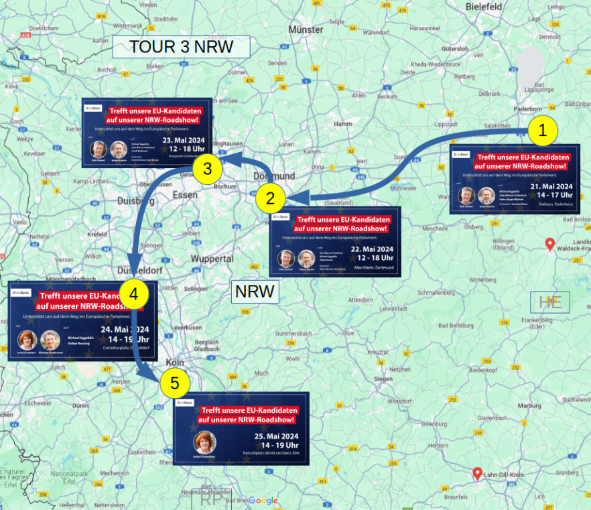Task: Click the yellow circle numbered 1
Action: pyautogui.click(x=543, y=131)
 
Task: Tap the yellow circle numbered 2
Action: pyautogui.click(x=271, y=198)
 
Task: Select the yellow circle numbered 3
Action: pyautogui.click(x=208, y=168)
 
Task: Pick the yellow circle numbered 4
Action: pyautogui.click(x=134, y=294)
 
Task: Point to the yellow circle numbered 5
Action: pyautogui.click(x=175, y=383)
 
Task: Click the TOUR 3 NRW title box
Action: pyautogui.click(x=181, y=47)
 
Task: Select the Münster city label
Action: pyautogui.click(x=306, y=29)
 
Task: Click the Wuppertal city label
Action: pyautogui.click(x=211, y=258)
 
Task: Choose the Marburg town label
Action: pyautogui.click(x=529, y=405)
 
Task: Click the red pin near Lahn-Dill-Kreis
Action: pyautogui.click(x=478, y=474)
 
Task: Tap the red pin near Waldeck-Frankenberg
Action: pyautogui.click(x=550, y=244)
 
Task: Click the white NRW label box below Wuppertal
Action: pyautogui.click(x=255, y=292)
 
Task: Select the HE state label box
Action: pyautogui.click(x=550, y=302)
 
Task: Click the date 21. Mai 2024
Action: pyautogui.click(x=551, y=186)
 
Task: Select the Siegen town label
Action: pyautogui.click(x=383, y=379)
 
